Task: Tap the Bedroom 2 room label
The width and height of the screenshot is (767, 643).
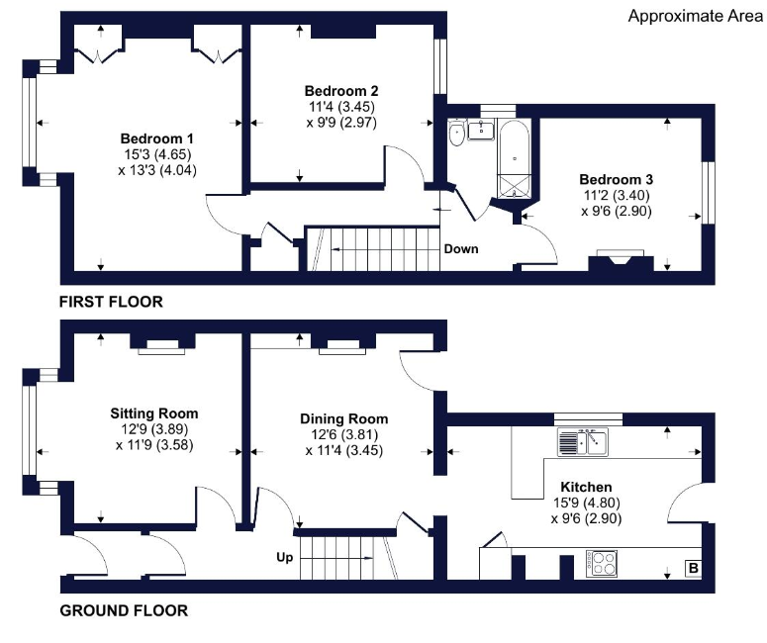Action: [x=340, y=91]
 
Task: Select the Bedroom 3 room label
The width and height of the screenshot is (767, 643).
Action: [x=616, y=179]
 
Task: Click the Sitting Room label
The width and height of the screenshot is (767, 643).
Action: [x=154, y=413]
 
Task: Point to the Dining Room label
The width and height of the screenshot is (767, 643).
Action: [x=343, y=419]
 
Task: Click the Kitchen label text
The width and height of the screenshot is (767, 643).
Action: [x=586, y=487]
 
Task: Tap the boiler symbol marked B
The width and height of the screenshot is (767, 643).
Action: [x=693, y=569]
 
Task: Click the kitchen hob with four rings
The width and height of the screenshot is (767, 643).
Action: [x=603, y=563]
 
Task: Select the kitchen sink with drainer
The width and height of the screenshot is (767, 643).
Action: [x=583, y=442]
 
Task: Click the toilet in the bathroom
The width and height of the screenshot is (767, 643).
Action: [x=457, y=133]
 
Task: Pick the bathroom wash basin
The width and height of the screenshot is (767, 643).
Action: [x=482, y=130]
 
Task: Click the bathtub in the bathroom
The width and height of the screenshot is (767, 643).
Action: [x=514, y=159]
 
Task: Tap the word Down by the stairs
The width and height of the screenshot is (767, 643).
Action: [x=461, y=249]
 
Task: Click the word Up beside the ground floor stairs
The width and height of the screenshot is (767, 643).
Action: [x=285, y=558]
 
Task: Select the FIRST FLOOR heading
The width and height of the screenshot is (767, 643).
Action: [x=111, y=302]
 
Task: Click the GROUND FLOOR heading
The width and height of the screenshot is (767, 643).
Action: [x=124, y=610]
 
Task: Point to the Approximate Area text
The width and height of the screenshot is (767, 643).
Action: [x=695, y=16]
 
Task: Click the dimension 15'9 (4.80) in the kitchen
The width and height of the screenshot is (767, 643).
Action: [x=587, y=503]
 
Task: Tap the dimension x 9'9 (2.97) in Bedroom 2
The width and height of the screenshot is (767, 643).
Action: [x=341, y=123]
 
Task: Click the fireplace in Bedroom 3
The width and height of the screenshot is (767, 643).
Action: [x=621, y=260]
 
